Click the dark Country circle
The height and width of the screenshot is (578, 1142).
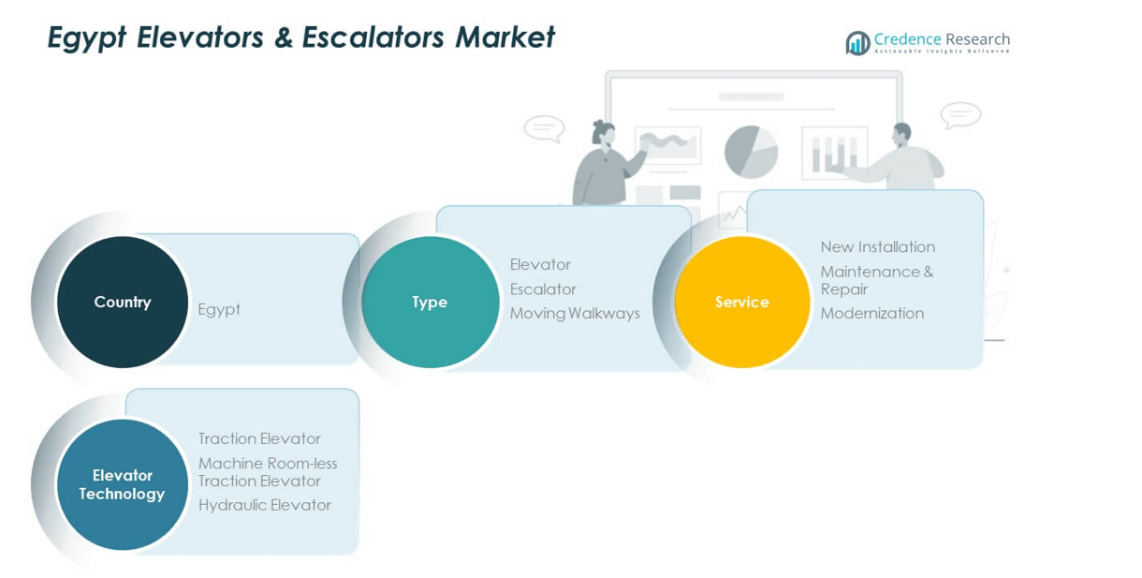pos(122,302)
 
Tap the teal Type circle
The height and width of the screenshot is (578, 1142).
pos(430,302)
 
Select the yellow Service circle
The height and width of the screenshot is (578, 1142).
pos(741,302)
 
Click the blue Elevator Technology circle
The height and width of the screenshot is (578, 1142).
pos(122,484)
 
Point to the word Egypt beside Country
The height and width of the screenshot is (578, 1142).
pos(219,309)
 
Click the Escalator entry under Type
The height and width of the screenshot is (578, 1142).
pos(543,289)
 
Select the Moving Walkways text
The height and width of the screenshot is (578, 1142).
pos(575,313)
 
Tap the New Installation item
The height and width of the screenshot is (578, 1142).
pos(877,247)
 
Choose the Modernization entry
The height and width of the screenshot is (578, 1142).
pos(871,313)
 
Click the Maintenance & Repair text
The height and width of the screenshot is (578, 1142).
pos(876,280)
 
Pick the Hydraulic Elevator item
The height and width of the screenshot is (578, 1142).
pos(264,505)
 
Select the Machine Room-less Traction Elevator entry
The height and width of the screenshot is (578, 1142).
pos(267,472)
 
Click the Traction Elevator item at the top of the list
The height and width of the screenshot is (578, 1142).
pos(259,438)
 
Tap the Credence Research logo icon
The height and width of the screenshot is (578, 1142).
pos(857,43)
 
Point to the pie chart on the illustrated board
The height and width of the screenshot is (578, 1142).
pos(751,152)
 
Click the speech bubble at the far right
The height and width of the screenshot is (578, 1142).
pos(960,115)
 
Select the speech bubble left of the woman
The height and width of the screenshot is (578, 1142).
pos(544,128)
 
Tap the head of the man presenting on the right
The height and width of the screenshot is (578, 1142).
pos(901,133)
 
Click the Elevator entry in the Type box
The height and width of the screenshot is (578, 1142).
pos(540,265)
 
